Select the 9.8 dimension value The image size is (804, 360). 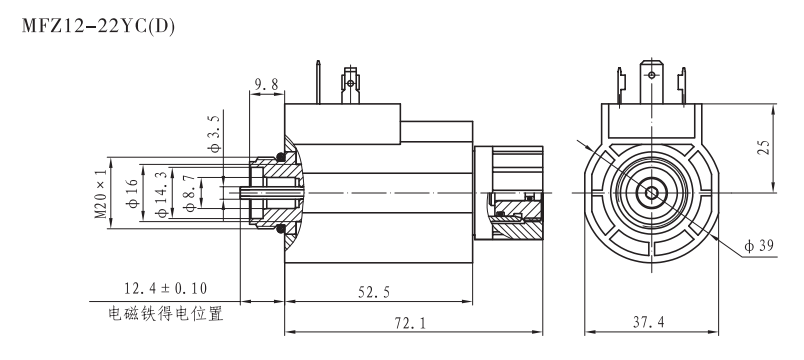click(x=265, y=86)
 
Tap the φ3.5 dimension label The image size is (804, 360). click(x=214, y=133)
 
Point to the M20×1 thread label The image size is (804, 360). click(x=99, y=192)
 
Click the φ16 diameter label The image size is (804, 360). click(x=130, y=191)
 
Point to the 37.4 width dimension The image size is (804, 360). click(x=651, y=323)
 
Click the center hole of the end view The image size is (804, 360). click(x=652, y=191)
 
